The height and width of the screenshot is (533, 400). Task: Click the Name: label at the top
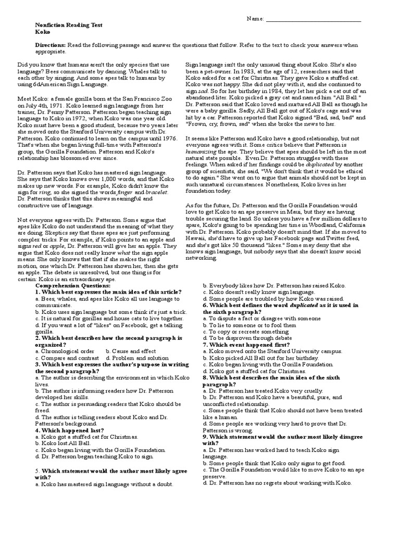tap(255, 19)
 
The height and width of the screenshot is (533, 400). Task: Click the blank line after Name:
tap(313, 19)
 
